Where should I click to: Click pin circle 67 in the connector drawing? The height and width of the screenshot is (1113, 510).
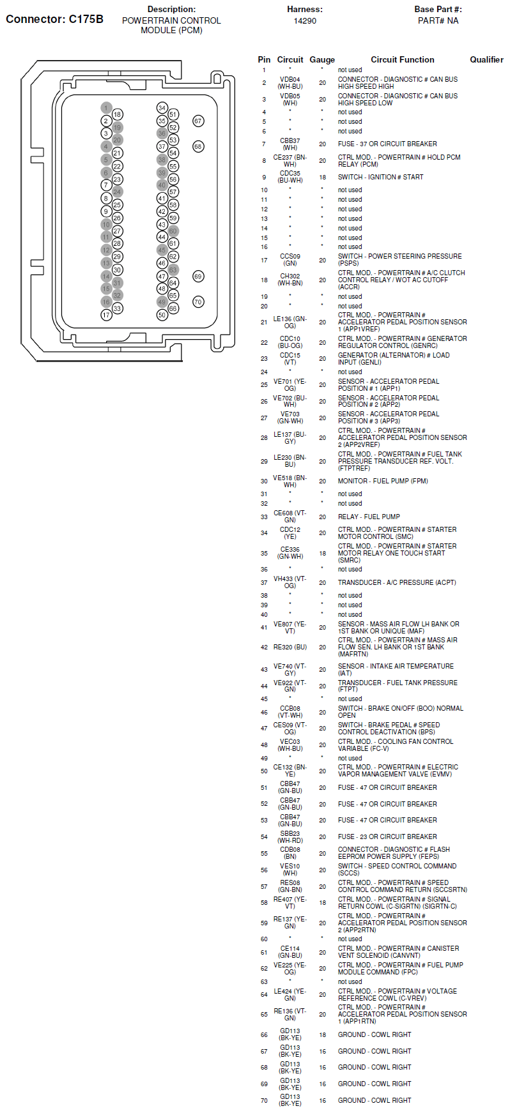point(198,121)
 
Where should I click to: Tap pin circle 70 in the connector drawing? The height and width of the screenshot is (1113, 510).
point(198,302)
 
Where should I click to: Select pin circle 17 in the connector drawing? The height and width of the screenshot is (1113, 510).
point(106,315)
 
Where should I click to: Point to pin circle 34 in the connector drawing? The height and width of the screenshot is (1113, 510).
point(162,108)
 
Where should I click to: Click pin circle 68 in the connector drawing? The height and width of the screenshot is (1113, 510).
point(198,147)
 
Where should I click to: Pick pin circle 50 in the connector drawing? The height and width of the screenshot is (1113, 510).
point(162,315)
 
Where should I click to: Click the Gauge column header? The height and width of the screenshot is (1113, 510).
point(322,59)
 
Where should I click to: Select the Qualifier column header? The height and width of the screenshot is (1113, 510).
point(486,59)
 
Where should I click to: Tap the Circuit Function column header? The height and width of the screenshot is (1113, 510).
point(402,59)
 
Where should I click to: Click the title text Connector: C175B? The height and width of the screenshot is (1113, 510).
point(54,19)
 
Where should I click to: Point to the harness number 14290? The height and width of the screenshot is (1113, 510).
point(305,20)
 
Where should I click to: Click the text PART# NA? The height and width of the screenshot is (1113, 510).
point(438,20)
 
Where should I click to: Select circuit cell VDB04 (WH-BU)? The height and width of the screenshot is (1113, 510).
point(290,83)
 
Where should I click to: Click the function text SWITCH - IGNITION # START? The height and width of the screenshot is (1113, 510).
point(380,177)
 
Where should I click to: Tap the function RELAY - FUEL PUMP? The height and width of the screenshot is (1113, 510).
point(369,517)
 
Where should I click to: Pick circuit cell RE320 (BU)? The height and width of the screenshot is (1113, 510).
point(290,647)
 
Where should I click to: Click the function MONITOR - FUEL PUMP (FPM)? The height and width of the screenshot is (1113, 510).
point(383,481)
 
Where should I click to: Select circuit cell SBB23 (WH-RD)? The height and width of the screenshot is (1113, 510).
point(290,837)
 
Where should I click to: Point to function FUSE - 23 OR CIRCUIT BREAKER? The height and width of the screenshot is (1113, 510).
point(387,837)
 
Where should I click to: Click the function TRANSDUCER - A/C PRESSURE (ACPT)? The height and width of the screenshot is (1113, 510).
point(397,582)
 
